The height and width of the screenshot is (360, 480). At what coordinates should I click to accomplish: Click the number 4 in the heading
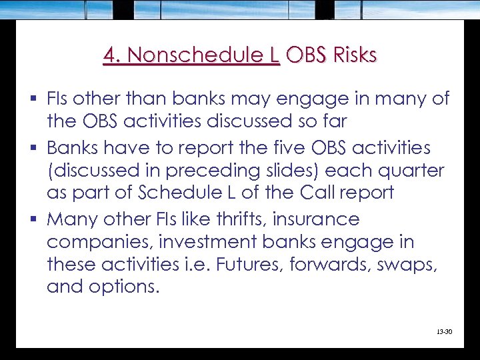point(110,55)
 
